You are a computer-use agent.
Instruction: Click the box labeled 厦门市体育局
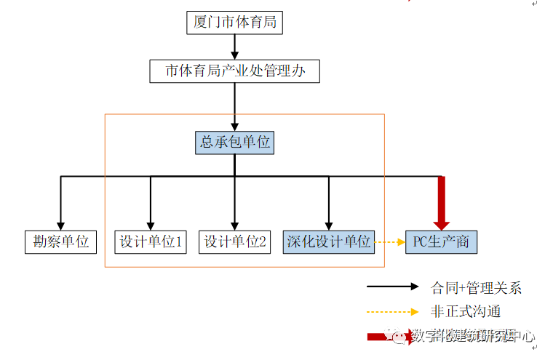(x=234, y=23)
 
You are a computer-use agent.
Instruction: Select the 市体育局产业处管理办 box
(x=234, y=71)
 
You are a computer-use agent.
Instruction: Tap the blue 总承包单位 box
(x=235, y=143)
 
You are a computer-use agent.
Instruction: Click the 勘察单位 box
(x=60, y=241)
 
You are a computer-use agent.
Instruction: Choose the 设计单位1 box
(x=151, y=241)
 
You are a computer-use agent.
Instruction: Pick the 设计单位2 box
(x=234, y=241)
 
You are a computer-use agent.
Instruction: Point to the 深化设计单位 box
(x=328, y=241)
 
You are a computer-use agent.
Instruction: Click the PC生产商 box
(x=442, y=241)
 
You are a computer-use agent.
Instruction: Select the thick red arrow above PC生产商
(x=441, y=204)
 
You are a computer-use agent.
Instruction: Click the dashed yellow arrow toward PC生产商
(x=389, y=241)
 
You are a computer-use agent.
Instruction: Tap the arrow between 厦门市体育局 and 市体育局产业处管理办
(x=234, y=47)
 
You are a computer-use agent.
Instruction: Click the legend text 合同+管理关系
(x=477, y=288)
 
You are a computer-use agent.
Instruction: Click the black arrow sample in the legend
(x=393, y=288)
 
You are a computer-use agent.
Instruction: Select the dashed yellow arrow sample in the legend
(x=393, y=312)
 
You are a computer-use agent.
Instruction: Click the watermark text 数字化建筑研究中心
(x=473, y=336)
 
